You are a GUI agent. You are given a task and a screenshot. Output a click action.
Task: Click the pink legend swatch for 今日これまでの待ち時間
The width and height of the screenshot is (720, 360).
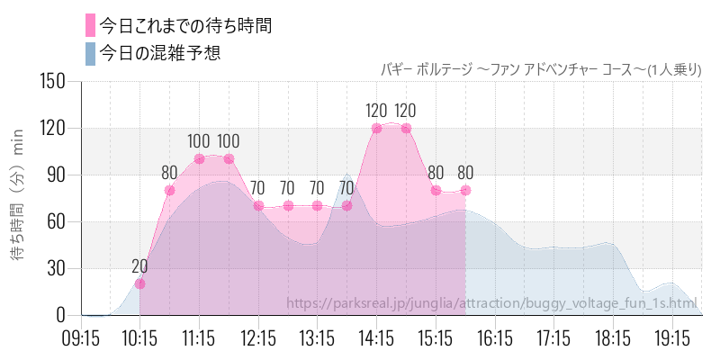coord(90,25)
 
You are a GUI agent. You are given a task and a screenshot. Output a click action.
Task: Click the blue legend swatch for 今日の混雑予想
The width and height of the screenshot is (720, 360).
coord(90,53)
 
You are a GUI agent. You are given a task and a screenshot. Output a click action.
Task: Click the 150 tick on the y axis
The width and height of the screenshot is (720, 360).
coord(54,82)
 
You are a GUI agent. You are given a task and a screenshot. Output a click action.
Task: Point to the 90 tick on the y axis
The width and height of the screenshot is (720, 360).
coord(58,175)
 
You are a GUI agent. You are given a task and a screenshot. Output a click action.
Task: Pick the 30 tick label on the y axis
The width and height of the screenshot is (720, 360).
coord(58,268)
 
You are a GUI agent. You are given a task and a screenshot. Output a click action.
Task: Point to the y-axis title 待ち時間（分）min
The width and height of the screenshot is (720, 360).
coord(19,198)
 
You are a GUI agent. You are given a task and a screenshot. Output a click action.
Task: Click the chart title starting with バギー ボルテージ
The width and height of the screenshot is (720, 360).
coord(541,68)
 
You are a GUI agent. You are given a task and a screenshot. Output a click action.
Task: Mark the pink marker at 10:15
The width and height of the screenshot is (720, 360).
coord(139,283)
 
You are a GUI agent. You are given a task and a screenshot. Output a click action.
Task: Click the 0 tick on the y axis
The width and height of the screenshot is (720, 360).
coord(62,315)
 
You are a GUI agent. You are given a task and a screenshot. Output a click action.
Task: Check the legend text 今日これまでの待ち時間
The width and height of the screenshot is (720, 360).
coord(186,25)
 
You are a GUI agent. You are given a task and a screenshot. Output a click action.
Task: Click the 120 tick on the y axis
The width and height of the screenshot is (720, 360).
coord(54,128)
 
